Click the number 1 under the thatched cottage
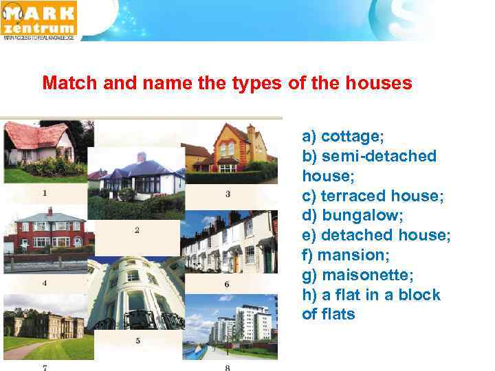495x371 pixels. (x=45, y=193)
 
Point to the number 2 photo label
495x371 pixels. (x=137, y=230)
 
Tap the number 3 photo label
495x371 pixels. (x=228, y=194)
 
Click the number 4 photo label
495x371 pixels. (x=45, y=282)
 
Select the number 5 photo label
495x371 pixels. (x=137, y=340)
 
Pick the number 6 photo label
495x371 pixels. (x=227, y=284)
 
